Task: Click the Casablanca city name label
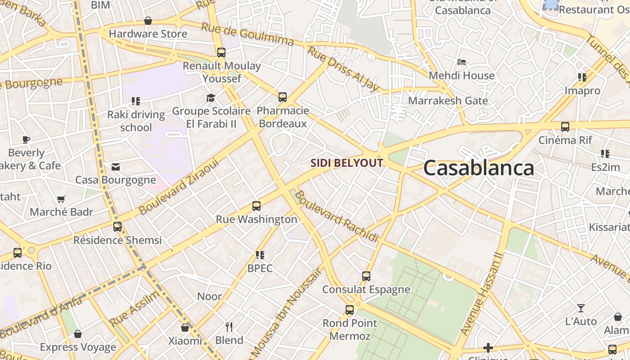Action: [x=478, y=168]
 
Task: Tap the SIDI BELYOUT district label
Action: [x=346, y=163]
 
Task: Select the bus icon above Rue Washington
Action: [x=256, y=206]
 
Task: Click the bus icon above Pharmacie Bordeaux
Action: [x=283, y=97]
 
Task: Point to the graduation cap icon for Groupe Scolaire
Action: [x=211, y=98]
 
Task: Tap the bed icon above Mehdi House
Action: [x=461, y=62]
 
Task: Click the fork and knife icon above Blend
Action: [x=229, y=327]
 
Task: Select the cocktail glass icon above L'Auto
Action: [x=581, y=308]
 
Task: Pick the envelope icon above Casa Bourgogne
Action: [x=116, y=167]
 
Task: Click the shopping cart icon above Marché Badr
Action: [x=61, y=199]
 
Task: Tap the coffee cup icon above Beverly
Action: [x=26, y=139]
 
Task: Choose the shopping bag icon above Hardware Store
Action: [x=148, y=21]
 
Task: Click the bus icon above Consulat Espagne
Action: [x=366, y=276]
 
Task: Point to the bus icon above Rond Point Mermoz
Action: [x=350, y=310]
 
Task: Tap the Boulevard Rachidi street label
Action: [x=337, y=217]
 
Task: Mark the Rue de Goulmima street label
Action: [x=247, y=34]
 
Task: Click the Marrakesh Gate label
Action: [x=448, y=100]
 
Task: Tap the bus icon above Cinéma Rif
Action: [x=565, y=126]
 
